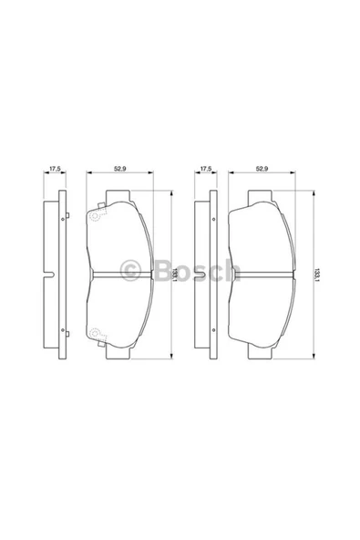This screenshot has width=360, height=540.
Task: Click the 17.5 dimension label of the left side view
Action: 55,169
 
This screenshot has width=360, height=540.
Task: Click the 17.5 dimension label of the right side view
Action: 206,169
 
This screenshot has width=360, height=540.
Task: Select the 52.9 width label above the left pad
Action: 118,169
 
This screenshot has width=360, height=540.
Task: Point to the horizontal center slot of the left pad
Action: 118,275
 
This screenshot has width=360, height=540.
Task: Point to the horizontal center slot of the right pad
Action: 262,275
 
